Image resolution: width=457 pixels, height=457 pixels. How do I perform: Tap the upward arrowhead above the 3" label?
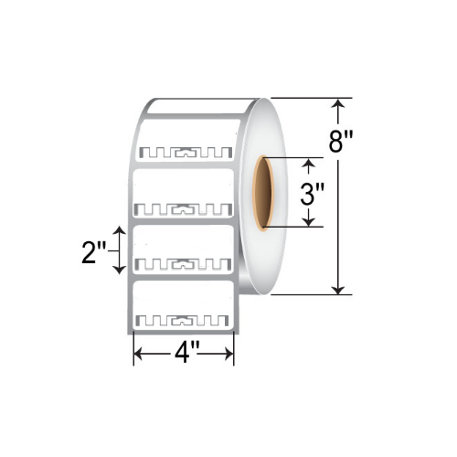pos(308,165)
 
